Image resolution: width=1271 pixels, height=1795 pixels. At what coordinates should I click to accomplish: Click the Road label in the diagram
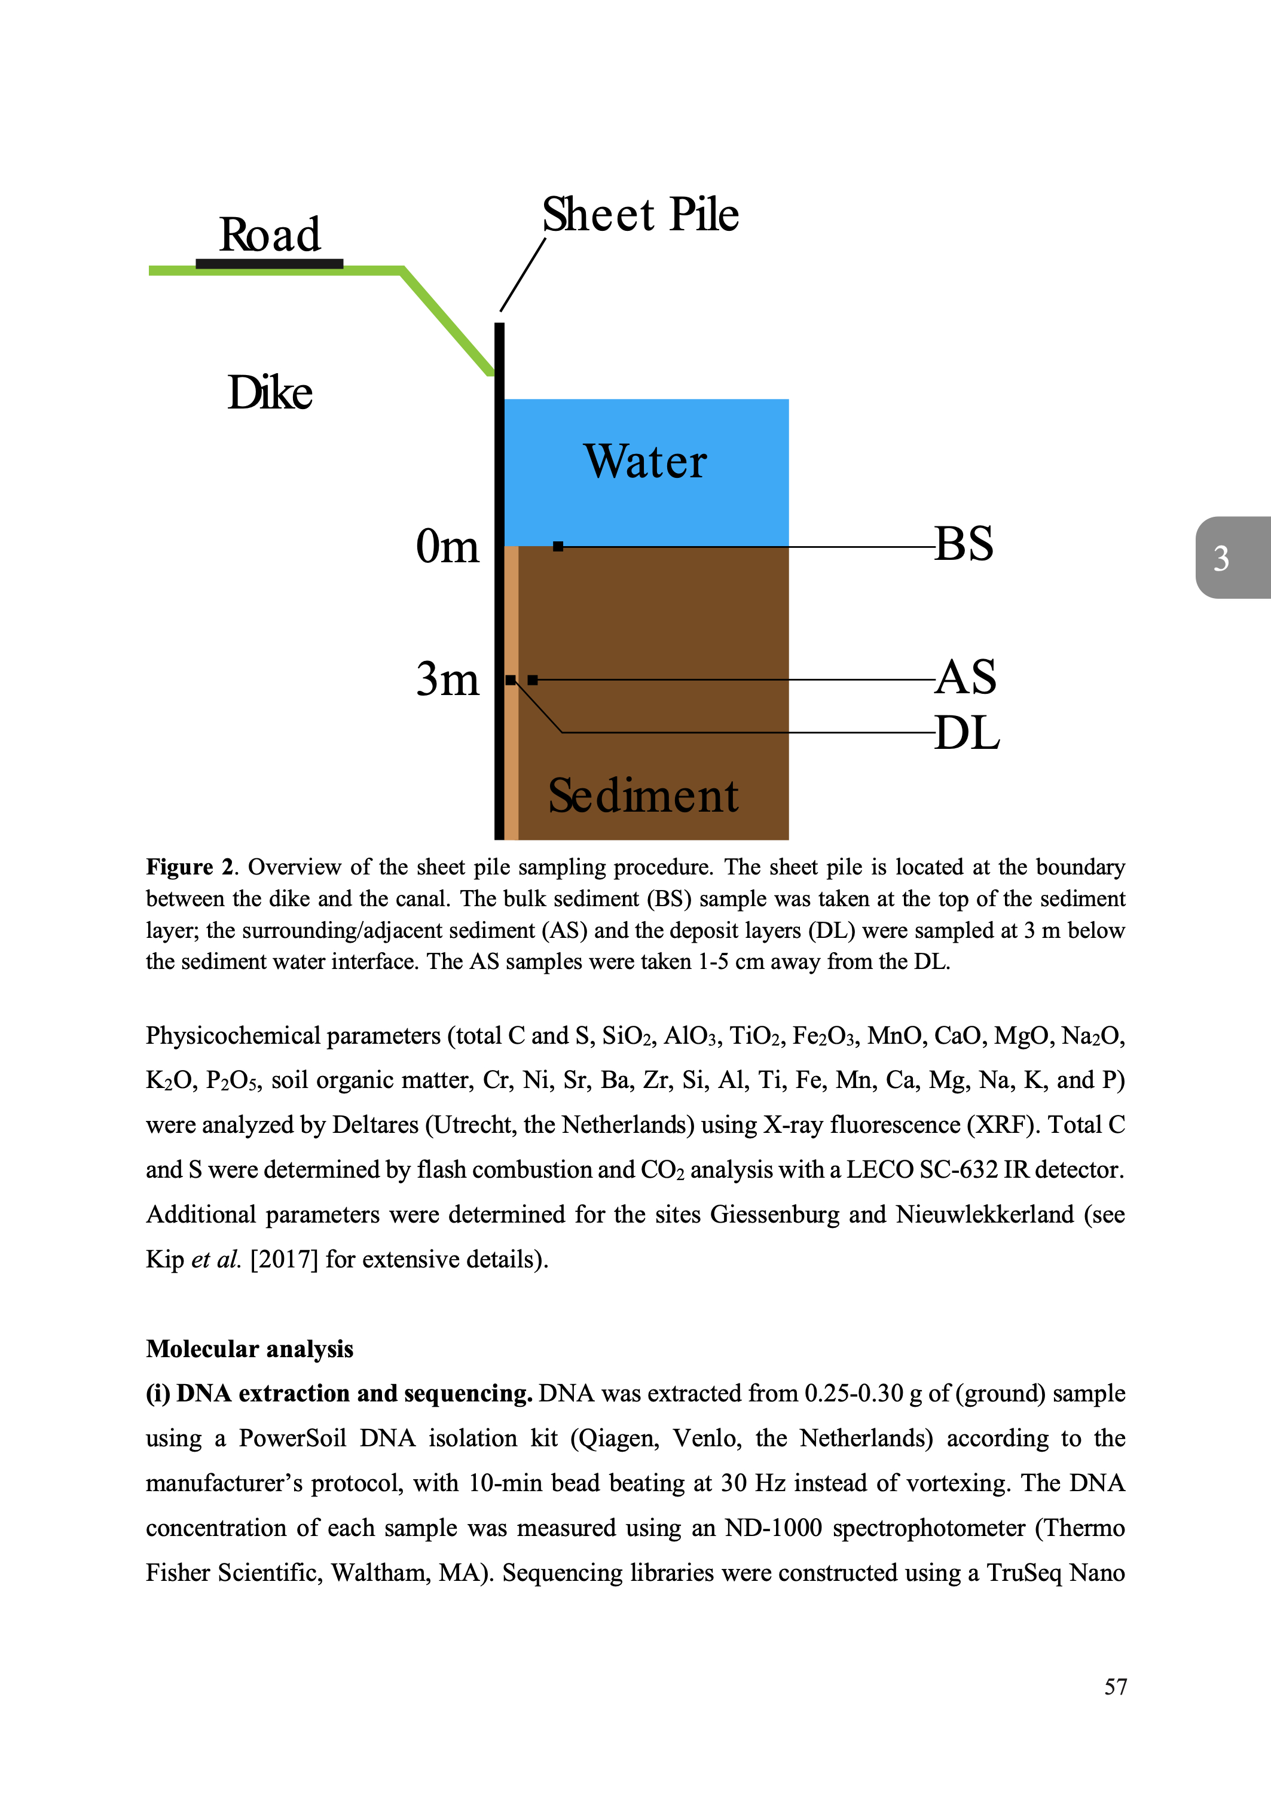click(269, 234)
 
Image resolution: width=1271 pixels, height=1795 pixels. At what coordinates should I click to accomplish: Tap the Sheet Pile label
click(640, 215)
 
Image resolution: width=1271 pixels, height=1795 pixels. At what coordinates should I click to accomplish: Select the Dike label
click(270, 392)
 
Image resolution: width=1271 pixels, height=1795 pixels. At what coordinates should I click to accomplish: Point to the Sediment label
click(643, 796)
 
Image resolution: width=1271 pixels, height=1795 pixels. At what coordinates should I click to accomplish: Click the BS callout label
click(964, 544)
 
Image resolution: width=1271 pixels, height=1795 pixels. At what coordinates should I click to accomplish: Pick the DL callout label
click(967, 733)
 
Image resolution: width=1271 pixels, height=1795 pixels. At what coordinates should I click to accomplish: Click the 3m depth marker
click(447, 679)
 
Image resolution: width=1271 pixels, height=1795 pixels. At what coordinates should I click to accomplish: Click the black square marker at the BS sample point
click(558, 547)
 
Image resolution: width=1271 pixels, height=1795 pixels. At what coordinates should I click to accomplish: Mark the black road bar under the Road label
click(269, 264)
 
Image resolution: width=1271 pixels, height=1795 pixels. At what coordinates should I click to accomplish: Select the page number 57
click(1115, 1686)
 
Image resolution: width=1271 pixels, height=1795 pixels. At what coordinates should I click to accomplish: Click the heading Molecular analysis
click(250, 1349)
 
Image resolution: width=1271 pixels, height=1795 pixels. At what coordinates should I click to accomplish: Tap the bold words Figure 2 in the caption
click(190, 867)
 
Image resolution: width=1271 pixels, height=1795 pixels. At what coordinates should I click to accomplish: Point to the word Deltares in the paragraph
click(375, 1125)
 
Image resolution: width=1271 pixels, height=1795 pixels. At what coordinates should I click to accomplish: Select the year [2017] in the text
click(284, 1260)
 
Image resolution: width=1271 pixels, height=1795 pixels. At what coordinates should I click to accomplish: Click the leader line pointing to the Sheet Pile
click(523, 275)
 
